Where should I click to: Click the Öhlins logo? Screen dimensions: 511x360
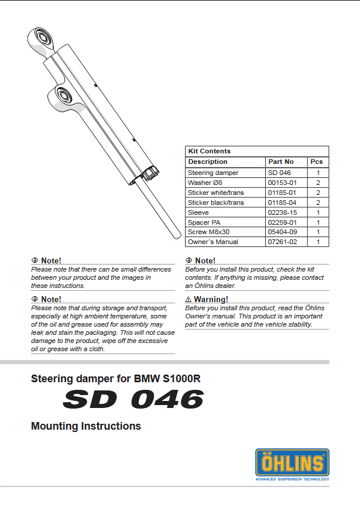[292, 462]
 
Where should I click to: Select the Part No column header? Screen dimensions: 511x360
[281, 162]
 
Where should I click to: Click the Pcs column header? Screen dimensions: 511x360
[317, 162]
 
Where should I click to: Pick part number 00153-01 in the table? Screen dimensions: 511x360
[282, 183]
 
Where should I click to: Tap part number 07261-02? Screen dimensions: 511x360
[282, 242]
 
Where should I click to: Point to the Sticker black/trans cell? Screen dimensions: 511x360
[215, 203]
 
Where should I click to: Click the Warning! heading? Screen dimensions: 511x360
[210, 300]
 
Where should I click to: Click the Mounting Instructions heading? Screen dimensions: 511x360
[86, 426]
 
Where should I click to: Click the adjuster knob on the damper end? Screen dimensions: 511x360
[152, 173]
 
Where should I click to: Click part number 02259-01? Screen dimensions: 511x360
[282, 222]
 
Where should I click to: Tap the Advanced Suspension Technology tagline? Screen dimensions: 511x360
[292, 479]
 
